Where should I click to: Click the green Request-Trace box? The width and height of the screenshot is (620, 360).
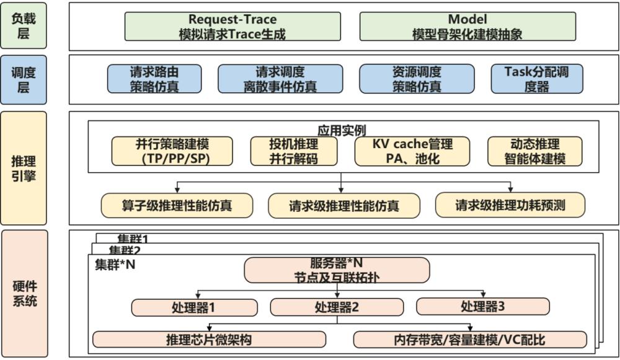click(232, 27)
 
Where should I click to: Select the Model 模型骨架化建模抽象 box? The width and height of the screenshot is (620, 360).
click(467, 27)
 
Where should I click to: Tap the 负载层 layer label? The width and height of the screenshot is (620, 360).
click(23, 26)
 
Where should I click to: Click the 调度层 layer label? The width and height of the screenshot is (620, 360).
click(23, 79)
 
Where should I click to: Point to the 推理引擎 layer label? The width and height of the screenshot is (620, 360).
click(23, 167)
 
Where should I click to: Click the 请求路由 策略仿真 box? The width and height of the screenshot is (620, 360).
click(154, 79)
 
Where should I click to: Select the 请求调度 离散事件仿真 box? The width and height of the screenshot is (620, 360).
click(280, 79)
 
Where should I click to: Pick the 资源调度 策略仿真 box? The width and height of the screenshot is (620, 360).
click(417, 79)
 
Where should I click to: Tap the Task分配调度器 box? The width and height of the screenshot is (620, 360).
click(537, 79)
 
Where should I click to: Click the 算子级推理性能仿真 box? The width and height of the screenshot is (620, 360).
click(177, 205)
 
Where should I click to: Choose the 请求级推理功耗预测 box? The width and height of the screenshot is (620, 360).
click(510, 205)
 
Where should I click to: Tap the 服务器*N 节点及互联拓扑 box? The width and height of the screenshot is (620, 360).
click(337, 270)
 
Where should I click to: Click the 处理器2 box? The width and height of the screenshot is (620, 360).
click(337, 307)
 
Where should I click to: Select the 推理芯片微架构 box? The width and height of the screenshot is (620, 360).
click(209, 340)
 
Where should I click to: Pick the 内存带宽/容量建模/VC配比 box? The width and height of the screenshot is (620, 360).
click(470, 340)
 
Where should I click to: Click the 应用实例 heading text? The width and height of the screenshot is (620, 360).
click(342, 130)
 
